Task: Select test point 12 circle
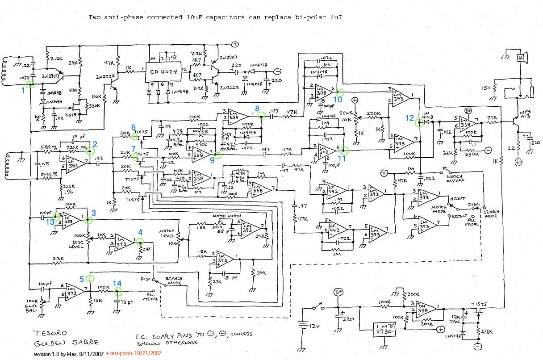[418, 121]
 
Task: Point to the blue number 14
[117, 283]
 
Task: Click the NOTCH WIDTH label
[224, 216]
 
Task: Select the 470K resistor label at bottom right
[487, 332]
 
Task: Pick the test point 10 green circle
[339, 93]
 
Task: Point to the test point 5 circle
[90, 278]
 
